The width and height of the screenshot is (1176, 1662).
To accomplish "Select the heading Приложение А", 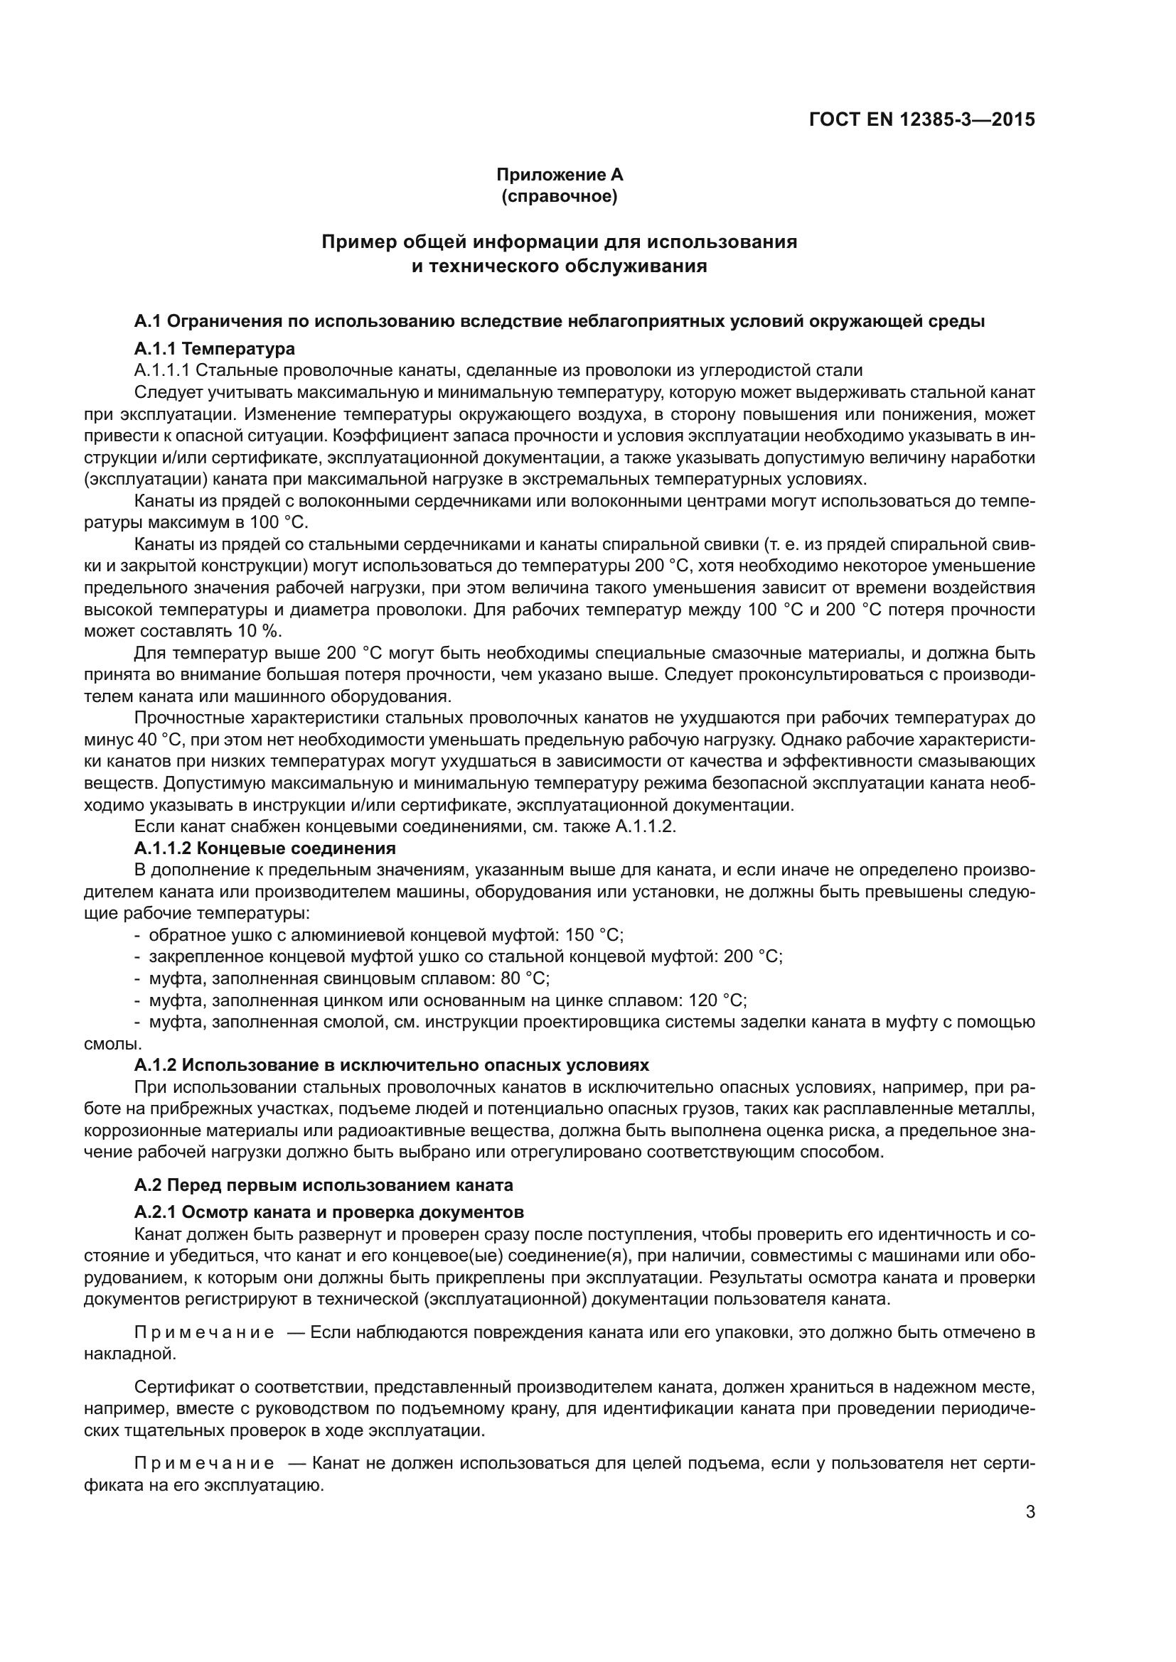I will click(x=559, y=175).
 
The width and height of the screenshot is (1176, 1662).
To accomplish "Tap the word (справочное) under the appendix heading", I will click(x=559, y=196).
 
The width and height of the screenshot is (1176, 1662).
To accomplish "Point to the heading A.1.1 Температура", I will click(x=214, y=349).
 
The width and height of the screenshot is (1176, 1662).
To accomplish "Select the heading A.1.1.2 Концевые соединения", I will click(x=265, y=848).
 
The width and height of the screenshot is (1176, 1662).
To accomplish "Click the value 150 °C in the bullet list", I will click(x=594, y=934).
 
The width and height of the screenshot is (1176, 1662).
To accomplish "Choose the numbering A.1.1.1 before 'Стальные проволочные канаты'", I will click(x=161, y=371).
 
